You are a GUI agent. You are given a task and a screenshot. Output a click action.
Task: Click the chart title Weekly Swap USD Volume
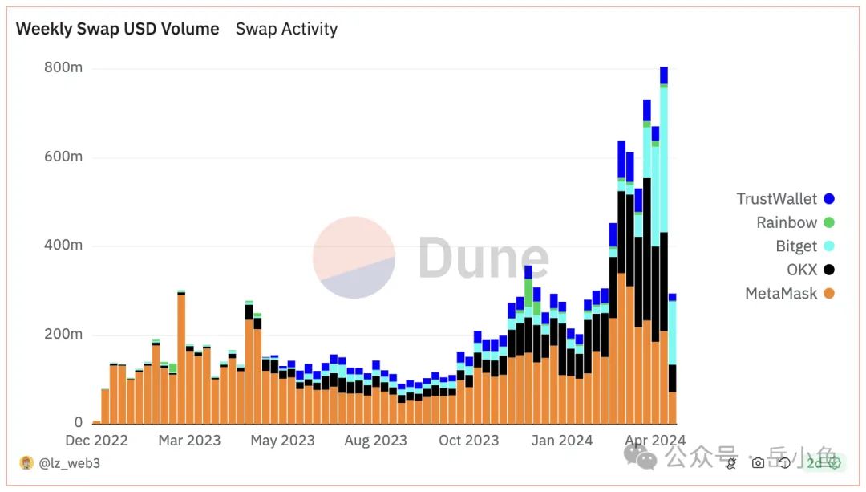[117, 29]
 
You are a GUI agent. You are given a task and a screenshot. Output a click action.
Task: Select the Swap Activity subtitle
[286, 29]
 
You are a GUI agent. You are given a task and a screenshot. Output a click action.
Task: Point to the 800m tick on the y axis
[63, 68]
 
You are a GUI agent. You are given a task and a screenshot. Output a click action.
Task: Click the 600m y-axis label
[63, 157]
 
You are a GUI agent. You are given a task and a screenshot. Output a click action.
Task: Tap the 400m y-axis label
[63, 246]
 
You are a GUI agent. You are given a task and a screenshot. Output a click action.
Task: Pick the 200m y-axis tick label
[63, 334]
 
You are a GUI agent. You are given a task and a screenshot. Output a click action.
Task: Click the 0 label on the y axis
[79, 422]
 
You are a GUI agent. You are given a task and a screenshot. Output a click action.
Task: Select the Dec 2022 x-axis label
[96, 441]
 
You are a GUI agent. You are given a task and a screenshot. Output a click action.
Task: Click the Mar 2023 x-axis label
[190, 441]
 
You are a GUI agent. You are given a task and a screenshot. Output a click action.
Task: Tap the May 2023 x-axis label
[283, 441]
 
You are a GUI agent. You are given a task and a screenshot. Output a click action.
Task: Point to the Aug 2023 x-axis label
[376, 441]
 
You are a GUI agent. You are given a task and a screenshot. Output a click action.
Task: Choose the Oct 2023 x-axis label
[469, 441]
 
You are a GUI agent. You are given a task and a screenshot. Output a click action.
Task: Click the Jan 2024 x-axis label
[562, 441]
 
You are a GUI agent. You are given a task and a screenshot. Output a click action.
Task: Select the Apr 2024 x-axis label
[655, 441]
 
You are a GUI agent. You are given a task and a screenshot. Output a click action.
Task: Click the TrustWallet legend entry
[777, 199]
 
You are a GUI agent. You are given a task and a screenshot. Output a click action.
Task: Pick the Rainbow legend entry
[787, 222]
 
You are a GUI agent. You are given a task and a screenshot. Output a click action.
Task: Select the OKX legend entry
[802, 270]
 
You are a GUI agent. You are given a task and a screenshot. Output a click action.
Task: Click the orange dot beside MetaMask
[829, 294]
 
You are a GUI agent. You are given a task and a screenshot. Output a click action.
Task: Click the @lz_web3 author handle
[69, 463]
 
